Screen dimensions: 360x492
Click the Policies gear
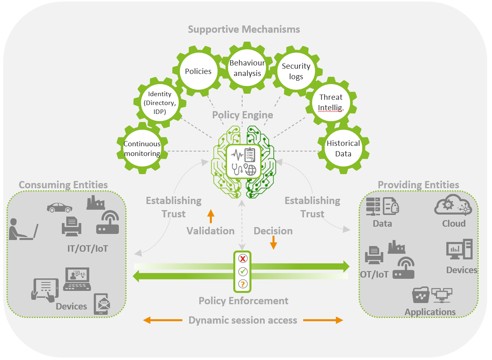198,72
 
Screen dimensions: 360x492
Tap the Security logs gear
296,72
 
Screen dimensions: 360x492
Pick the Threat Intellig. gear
331,101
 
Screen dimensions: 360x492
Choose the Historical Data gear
343,148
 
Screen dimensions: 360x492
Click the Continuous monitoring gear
142,148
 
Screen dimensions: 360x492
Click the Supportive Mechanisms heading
244,29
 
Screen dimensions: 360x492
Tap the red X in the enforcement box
243,259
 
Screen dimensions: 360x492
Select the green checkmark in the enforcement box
243,271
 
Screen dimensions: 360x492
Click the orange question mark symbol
243,284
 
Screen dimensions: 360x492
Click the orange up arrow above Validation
210,216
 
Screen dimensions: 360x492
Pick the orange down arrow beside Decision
274,242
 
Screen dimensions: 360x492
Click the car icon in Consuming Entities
59,207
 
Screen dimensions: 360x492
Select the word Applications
430,312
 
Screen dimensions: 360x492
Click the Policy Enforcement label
243,301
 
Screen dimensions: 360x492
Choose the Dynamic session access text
243,320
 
